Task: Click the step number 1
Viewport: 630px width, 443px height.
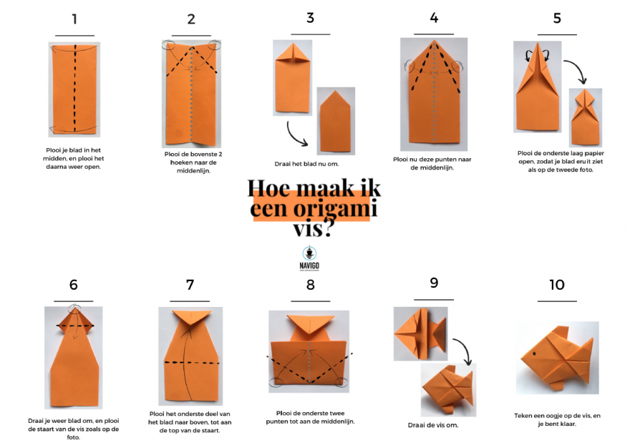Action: coord(74,19)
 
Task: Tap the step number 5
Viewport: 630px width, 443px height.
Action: coord(557,19)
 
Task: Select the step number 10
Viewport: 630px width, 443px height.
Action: coord(557,285)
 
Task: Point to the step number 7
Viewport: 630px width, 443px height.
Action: coord(190,285)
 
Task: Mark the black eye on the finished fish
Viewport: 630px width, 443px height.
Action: coord(534,354)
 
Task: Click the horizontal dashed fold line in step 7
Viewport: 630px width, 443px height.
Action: coord(192,363)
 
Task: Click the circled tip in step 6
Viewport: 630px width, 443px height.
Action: coord(74,309)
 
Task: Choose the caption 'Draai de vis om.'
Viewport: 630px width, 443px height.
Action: coord(432,425)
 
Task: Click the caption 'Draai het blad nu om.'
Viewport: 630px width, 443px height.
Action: coord(306,164)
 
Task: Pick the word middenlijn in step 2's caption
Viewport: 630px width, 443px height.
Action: coord(193,171)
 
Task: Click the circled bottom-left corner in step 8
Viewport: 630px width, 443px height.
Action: coord(276,382)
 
